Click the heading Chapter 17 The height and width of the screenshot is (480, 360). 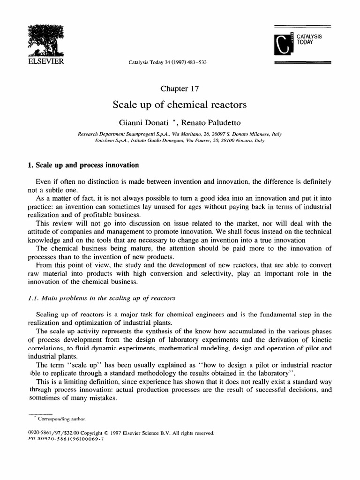point(180,89)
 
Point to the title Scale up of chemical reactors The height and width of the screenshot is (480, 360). point(180,105)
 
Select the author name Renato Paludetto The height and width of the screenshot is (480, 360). point(214,123)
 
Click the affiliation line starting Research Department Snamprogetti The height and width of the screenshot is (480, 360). point(180,134)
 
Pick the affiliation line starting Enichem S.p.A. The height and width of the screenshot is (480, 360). point(180,141)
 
